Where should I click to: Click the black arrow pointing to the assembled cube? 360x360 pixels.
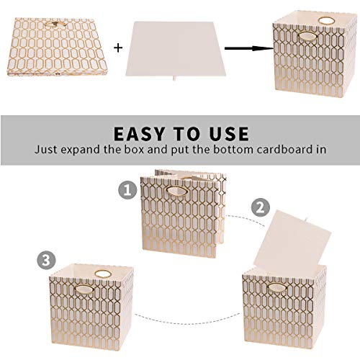246,48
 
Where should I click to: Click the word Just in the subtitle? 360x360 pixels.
51,150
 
